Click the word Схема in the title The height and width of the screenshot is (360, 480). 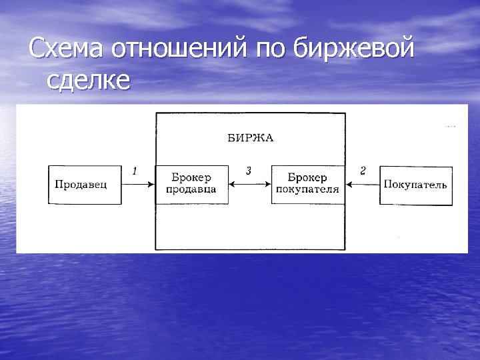click(x=67, y=49)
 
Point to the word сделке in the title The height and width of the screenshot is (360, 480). click(x=89, y=81)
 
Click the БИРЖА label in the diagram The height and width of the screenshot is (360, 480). click(x=251, y=139)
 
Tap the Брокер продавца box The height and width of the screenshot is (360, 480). click(x=191, y=184)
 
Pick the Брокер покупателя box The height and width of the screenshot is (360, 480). click(x=307, y=184)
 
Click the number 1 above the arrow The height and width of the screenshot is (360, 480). click(x=135, y=171)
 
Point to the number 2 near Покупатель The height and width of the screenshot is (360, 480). click(x=363, y=171)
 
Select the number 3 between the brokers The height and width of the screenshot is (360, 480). click(x=249, y=171)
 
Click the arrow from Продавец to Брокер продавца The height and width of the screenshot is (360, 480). click(x=139, y=185)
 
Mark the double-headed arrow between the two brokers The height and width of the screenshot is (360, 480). click(x=249, y=185)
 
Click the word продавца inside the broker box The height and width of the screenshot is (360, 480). click(x=191, y=190)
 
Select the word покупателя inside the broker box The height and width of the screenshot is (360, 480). click(x=307, y=190)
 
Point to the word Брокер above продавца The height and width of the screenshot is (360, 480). click(x=191, y=178)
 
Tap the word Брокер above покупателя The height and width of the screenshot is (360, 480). click(x=307, y=178)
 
